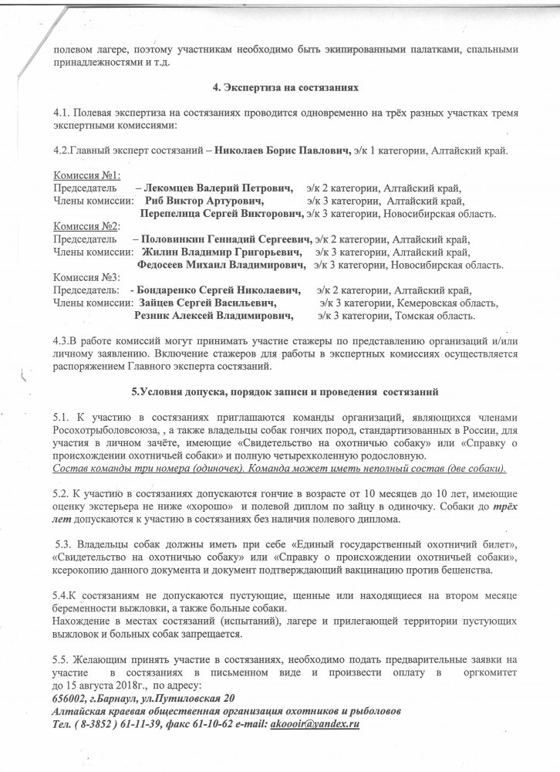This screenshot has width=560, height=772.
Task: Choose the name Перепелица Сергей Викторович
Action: pos(222,213)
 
